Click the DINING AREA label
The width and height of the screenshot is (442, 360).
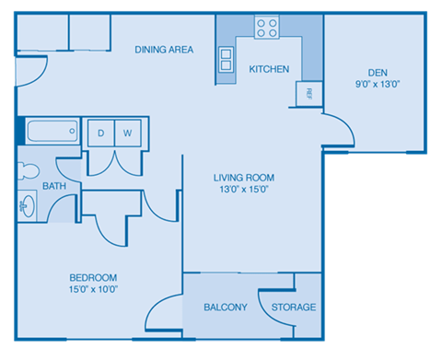[x=163, y=50]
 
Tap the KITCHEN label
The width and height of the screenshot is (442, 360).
[x=269, y=69]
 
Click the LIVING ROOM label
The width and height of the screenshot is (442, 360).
[x=244, y=178]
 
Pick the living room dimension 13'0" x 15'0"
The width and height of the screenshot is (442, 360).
[x=244, y=191]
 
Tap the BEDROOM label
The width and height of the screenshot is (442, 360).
[x=93, y=277]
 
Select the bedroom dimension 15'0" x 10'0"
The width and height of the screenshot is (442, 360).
[x=93, y=289]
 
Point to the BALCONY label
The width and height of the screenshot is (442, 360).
[x=226, y=308]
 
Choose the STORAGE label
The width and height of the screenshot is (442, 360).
[x=294, y=308]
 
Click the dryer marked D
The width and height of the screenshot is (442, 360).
[x=101, y=132]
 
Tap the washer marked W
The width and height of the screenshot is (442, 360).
[x=128, y=132]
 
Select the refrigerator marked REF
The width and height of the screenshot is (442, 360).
[x=308, y=93]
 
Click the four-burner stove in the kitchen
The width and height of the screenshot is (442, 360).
[x=267, y=28]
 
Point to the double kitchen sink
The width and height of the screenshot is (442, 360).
[x=226, y=59]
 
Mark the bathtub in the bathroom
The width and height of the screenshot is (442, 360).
[x=52, y=131]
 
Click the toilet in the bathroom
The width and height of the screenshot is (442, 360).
[x=25, y=170]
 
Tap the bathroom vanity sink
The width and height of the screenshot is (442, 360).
[x=27, y=205]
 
